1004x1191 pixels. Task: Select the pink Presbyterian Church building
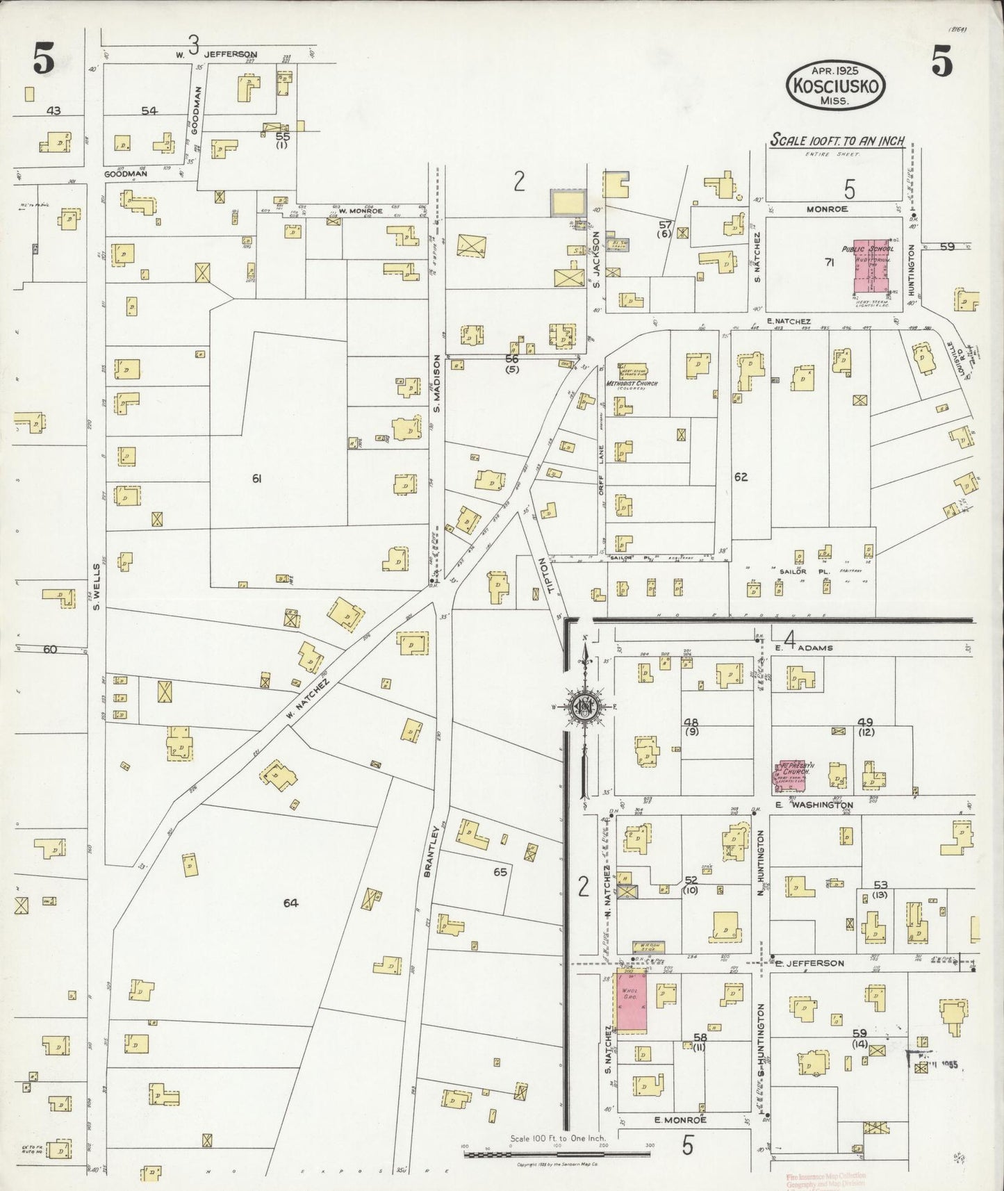(x=790, y=776)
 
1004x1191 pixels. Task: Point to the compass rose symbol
(x=585, y=707)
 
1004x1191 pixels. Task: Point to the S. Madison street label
(x=437, y=383)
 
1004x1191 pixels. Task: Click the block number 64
(x=290, y=903)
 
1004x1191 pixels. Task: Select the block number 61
(x=256, y=478)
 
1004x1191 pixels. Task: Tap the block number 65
(x=500, y=871)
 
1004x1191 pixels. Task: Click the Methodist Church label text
(x=632, y=384)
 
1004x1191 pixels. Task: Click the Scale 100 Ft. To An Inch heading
(x=837, y=140)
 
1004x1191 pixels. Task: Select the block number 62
(x=740, y=477)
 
